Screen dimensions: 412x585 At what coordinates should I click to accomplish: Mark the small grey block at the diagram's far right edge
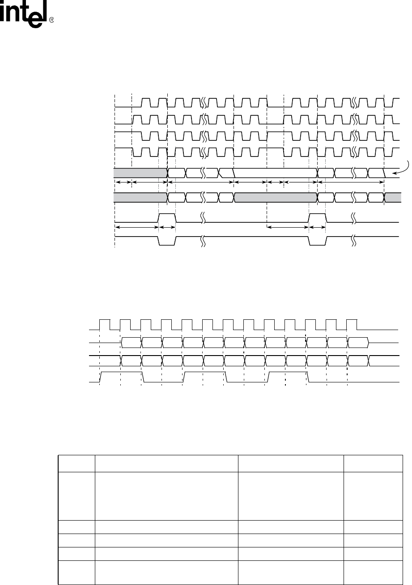(x=393, y=197)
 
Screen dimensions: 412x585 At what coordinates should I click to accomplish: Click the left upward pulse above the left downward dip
(x=167, y=218)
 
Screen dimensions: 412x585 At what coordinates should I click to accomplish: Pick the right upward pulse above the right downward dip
(x=317, y=218)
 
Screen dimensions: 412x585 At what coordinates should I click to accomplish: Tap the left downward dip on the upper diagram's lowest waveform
(x=167, y=241)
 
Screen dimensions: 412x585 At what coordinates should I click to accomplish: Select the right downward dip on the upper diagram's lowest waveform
(x=317, y=241)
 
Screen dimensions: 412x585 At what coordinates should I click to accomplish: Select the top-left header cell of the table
(x=76, y=464)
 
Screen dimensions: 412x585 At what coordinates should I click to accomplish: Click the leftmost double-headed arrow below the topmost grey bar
(x=123, y=182)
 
